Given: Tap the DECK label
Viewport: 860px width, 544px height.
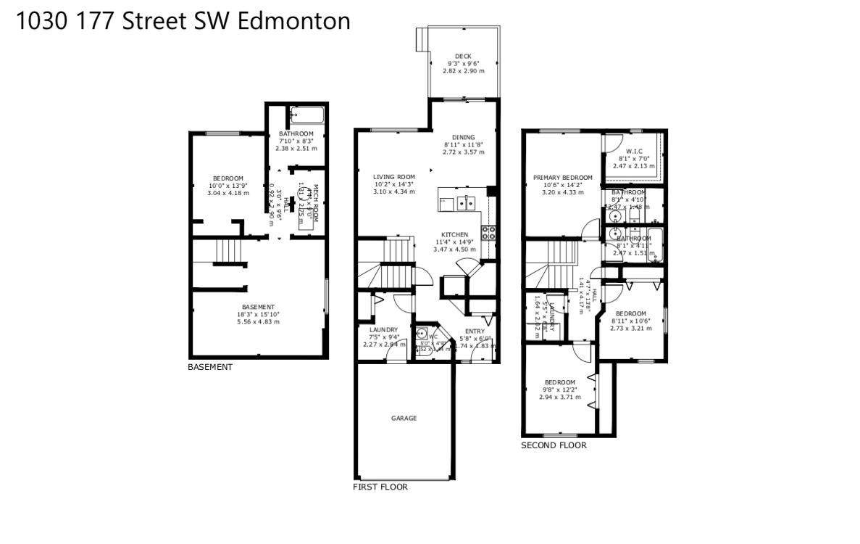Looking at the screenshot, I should (x=463, y=57).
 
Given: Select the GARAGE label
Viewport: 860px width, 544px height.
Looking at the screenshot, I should (x=404, y=418).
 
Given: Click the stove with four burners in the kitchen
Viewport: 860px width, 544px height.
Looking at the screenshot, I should (x=489, y=233).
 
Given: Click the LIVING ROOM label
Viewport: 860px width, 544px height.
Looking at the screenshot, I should (x=393, y=177).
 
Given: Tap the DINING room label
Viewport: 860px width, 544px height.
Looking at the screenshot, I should (x=463, y=137).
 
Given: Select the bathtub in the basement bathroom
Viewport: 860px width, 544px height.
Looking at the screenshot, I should (x=308, y=115).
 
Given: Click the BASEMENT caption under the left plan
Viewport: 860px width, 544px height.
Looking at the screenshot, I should (x=210, y=367).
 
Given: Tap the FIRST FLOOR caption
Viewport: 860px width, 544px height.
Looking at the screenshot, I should (x=380, y=487).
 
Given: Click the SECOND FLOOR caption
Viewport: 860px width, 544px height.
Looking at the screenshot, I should (x=554, y=445).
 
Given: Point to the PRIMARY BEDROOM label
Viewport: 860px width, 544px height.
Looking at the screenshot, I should (x=562, y=178).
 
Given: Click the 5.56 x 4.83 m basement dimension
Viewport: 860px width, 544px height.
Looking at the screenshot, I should (x=259, y=321).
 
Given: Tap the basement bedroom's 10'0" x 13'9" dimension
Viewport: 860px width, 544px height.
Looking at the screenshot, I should (x=227, y=186).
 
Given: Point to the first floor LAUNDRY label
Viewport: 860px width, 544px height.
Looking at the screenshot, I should (x=383, y=330).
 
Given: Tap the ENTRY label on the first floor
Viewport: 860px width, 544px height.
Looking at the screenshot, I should (x=475, y=331).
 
